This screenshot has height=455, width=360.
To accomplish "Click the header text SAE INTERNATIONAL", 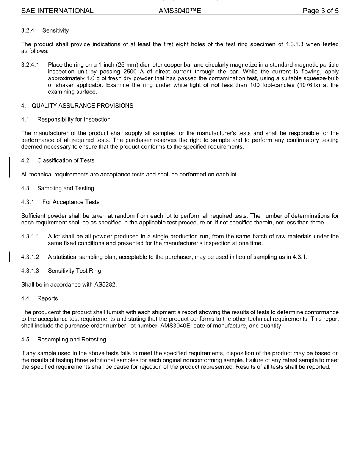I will tap(57, 11).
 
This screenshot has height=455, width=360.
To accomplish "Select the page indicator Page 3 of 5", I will tap(320, 11).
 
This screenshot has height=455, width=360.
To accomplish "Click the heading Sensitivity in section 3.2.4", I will tap(55, 30).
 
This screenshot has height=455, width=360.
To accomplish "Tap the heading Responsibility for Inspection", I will tap(74, 119).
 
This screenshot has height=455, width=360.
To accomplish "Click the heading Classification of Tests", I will tap(66, 160).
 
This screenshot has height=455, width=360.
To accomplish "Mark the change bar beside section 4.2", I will tap(10, 167).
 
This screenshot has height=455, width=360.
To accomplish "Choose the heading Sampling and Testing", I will tap(66, 188).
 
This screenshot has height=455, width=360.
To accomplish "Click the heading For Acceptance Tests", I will tap(71, 202).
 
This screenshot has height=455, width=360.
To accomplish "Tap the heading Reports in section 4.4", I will tap(47, 298).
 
